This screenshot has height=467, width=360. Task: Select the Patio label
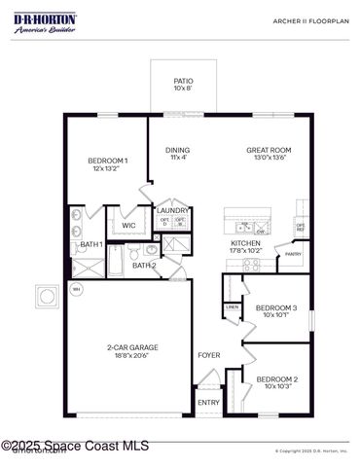point(183,85)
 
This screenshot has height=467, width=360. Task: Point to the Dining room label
point(178,154)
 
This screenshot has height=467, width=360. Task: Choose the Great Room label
point(269,154)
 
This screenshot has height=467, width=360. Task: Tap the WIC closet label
point(128,226)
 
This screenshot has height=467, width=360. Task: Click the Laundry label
point(172,210)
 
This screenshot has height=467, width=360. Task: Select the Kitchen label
point(244,246)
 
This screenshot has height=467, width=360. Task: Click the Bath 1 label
point(90,244)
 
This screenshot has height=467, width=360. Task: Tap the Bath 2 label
point(144,265)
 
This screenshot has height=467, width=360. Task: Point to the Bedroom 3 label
point(276,311)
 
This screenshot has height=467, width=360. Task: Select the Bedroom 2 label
point(276,382)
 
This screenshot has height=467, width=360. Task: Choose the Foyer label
point(208,355)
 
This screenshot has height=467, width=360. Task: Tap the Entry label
point(208,402)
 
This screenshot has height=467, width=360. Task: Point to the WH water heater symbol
point(75,287)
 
